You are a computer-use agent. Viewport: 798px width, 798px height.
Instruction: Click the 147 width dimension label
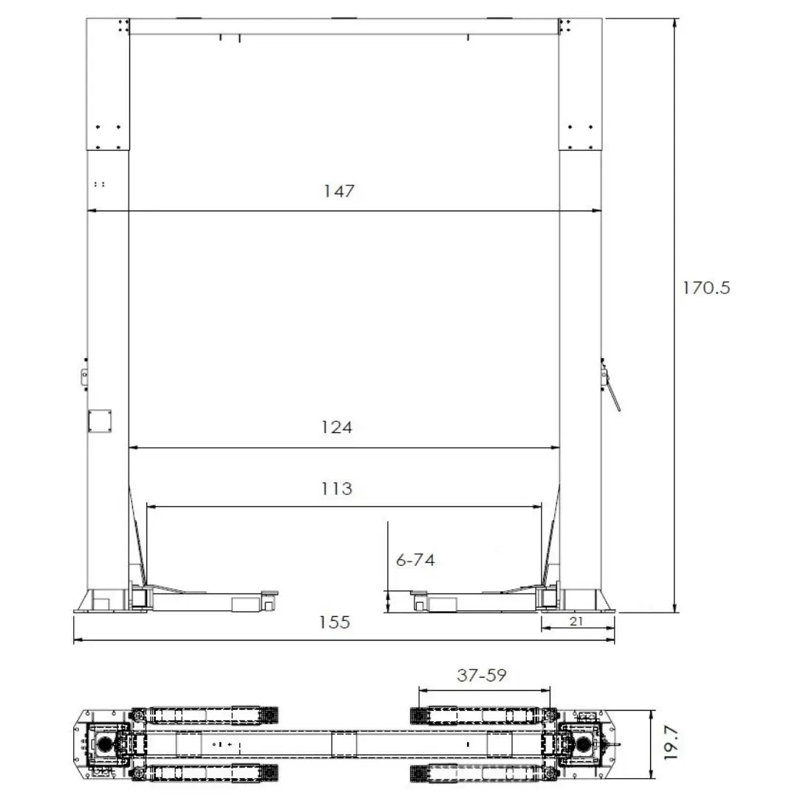(x=339, y=191)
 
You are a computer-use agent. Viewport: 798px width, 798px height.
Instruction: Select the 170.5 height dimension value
(x=705, y=287)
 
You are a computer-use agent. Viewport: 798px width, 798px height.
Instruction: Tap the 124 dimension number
(x=337, y=427)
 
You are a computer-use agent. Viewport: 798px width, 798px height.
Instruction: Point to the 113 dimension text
(x=337, y=488)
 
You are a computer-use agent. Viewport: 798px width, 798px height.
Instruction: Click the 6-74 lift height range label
(x=415, y=560)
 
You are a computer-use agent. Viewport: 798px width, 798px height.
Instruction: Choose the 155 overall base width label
(x=335, y=622)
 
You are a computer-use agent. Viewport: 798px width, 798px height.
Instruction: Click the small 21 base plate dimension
(x=577, y=622)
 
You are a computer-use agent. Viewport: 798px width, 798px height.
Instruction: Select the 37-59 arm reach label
(x=481, y=675)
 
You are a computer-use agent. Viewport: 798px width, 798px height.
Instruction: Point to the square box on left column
(x=99, y=420)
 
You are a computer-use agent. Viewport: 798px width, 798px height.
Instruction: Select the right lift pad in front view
(x=418, y=592)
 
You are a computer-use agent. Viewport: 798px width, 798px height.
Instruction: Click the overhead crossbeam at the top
(x=344, y=26)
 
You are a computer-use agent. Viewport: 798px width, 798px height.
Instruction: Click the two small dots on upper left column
(x=99, y=183)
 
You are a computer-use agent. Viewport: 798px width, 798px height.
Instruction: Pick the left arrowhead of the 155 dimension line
(x=77, y=640)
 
